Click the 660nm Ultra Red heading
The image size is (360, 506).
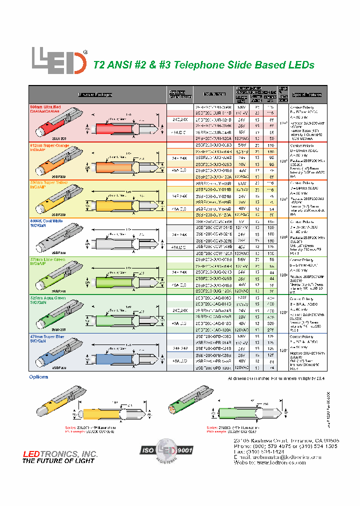(46, 107)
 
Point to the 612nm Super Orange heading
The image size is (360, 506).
(49, 144)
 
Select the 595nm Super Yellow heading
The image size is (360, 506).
(48, 182)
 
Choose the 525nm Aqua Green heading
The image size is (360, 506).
(48, 297)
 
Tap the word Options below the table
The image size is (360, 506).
(38, 376)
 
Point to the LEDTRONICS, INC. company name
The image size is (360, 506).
(60, 453)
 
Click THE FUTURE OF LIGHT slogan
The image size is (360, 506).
(58, 460)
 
